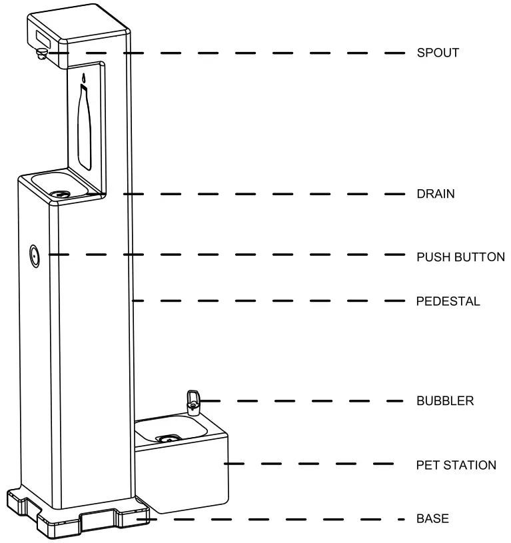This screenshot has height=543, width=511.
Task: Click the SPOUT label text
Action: pos(438,53)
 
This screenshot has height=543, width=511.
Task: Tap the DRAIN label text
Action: pos(436,195)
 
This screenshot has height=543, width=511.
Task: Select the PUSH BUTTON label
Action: pos(460,257)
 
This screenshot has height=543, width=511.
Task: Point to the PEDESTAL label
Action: pos(448,301)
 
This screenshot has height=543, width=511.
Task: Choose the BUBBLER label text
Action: pos(445,401)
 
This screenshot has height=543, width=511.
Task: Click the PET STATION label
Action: pos(456,465)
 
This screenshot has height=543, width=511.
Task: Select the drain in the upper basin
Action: pos(64,193)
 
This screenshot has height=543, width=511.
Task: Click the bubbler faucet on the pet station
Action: pos(193,400)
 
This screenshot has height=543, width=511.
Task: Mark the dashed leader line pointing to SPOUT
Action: pos(233,52)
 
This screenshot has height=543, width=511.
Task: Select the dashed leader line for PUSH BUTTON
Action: pos(227,255)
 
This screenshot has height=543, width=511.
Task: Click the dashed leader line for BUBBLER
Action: pos(300,401)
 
